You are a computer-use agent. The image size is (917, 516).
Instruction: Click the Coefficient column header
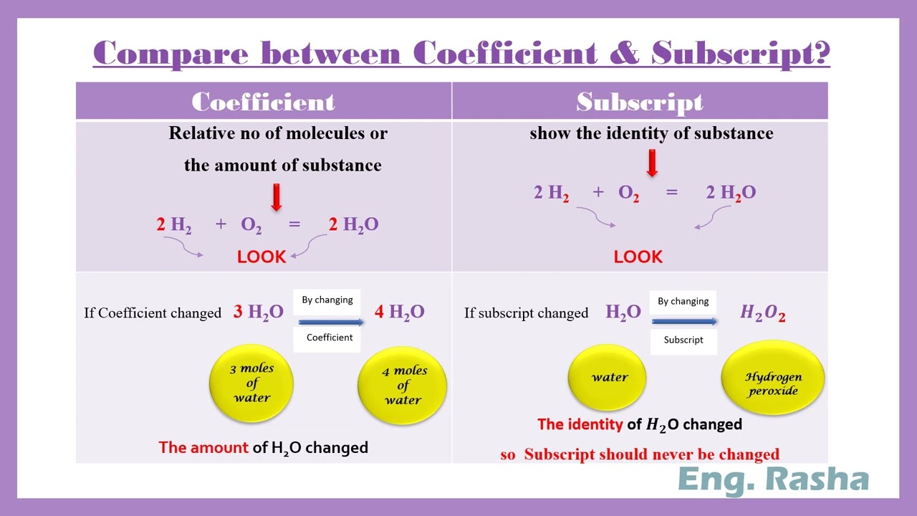[264, 102]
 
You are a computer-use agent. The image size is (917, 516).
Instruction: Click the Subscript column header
[640, 102]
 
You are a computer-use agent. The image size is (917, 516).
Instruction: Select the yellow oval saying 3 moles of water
[251, 383]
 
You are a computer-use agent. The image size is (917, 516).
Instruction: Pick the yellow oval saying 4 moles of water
[402, 386]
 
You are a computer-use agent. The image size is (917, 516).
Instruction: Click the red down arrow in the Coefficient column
[277, 197]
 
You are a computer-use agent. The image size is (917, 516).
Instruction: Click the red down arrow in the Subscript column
[652, 163]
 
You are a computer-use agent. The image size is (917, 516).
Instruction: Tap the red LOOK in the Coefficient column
[261, 257]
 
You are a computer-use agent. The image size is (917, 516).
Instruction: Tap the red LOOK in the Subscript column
[638, 257]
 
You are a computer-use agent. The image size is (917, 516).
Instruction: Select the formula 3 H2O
[259, 312]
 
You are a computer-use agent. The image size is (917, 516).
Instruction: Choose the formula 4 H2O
[400, 312]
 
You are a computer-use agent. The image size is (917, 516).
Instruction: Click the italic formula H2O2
[763, 313]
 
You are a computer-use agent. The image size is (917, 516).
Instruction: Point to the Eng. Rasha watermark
[773, 479]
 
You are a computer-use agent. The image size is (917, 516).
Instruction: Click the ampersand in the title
[623, 54]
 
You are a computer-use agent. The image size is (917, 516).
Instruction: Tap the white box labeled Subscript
[683, 340]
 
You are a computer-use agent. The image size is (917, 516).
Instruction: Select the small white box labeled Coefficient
[330, 338]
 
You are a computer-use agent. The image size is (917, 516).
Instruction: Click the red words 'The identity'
[580, 424]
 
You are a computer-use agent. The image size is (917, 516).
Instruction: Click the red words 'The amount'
[203, 448]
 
